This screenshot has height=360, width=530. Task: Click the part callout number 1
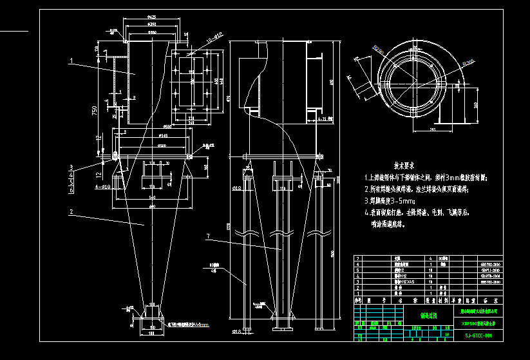[71, 62]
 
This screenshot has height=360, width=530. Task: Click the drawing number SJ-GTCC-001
[478, 336]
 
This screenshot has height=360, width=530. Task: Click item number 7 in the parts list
[357, 258]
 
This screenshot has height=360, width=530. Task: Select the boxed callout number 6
[71, 191]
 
